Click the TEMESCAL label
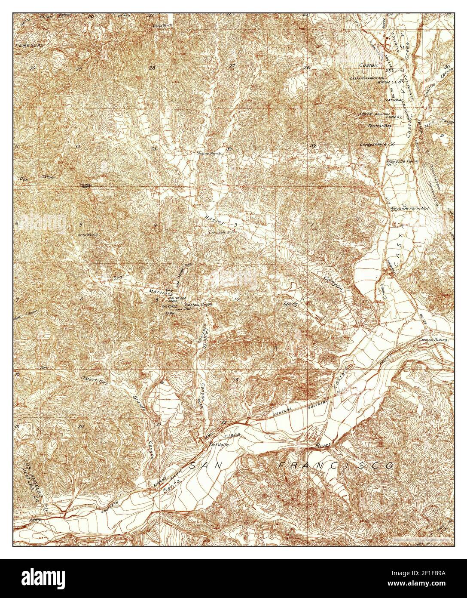click(30, 45)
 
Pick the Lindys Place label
click(375, 145)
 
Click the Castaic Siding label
click(435, 340)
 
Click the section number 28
click(152, 68)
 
